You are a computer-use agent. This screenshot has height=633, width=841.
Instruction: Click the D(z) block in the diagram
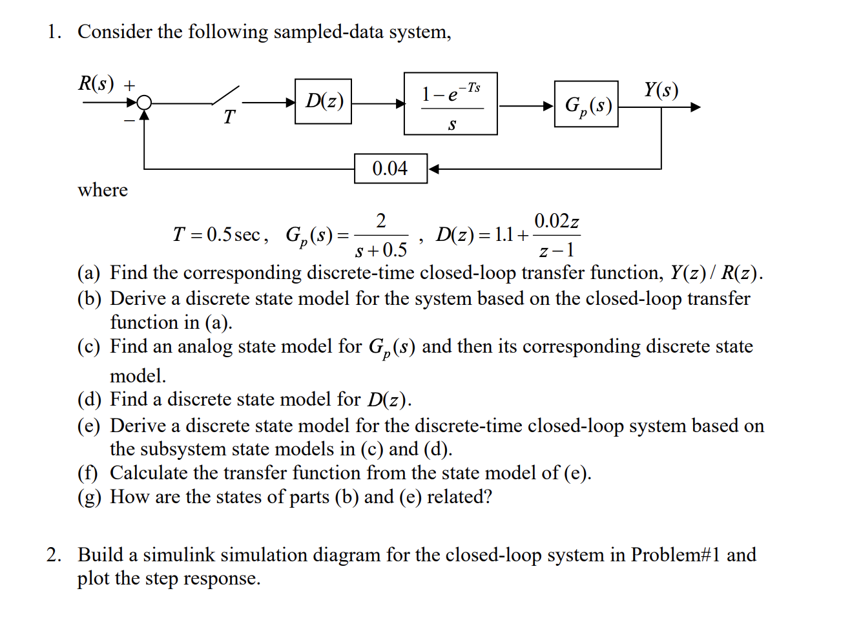[323, 101]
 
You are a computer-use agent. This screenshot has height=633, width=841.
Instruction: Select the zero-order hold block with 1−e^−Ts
[450, 103]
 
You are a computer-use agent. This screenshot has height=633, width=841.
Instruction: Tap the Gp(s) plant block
[586, 104]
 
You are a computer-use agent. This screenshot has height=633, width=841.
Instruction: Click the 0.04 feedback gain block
[390, 169]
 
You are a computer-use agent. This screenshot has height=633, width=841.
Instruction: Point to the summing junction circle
[145, 103]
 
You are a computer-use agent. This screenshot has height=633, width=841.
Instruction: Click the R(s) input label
[96, 83]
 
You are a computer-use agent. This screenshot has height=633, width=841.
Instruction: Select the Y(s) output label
[661, 89]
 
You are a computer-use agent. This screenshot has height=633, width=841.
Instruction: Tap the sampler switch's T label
[229, 118]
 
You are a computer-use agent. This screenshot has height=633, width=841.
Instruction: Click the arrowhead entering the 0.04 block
[433, 169]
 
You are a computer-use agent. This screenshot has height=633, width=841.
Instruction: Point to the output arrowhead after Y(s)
[695, 107]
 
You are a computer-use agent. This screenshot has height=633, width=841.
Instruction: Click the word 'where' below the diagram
[103, 190]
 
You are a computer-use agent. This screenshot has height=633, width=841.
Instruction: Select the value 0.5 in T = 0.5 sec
[219, 234]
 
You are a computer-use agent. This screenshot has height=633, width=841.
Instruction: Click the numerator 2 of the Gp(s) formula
[381, 221]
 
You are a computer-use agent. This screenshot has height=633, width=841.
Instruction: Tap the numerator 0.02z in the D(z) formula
[556, 222]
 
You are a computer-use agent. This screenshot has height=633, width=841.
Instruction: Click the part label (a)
[88, 273]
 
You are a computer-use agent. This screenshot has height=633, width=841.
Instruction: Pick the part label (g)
[88, 497]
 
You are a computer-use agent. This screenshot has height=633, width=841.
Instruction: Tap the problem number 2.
[54, 555]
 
